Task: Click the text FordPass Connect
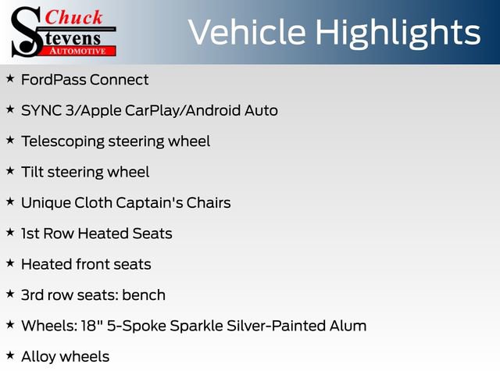pyautogui.click(x=84, y=80)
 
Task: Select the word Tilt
pyautogui.click(x=31, y=172)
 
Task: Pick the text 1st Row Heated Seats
pyautogui.click(x=96, y=234)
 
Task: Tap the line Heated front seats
pyautogui.click(x=86, y=264)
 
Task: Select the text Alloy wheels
pyautogui.click(x=65, y=357)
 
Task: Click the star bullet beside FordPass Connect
pyautogui.click(x=10, y=79)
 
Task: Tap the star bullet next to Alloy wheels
pyautogui.click(x=10, y=356)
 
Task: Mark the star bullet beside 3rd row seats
pyautogui.click(x=10, y=295)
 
